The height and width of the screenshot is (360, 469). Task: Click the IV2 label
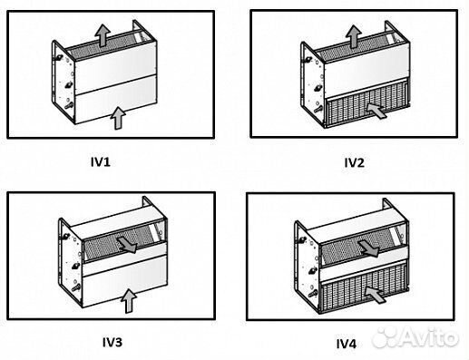tap(354, 163)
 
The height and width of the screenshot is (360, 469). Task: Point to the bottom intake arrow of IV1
tap(116, 115)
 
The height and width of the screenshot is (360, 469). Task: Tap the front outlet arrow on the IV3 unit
tap(129, 244)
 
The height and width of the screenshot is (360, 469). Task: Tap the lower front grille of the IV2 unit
tap(363, 113)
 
